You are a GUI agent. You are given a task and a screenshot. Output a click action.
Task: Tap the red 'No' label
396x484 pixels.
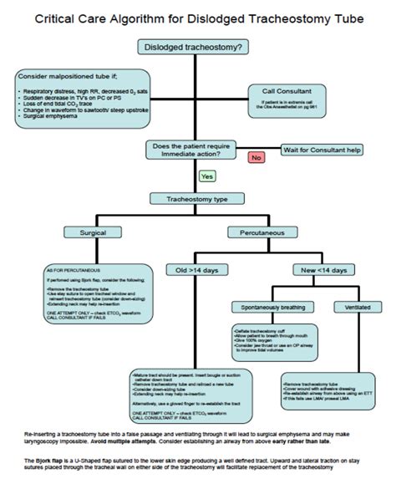(x=256, y=155)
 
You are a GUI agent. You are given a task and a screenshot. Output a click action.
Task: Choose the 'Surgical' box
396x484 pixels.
(x=93, y=232)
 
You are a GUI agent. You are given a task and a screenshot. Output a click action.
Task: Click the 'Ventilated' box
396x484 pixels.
(x=352, y=308)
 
